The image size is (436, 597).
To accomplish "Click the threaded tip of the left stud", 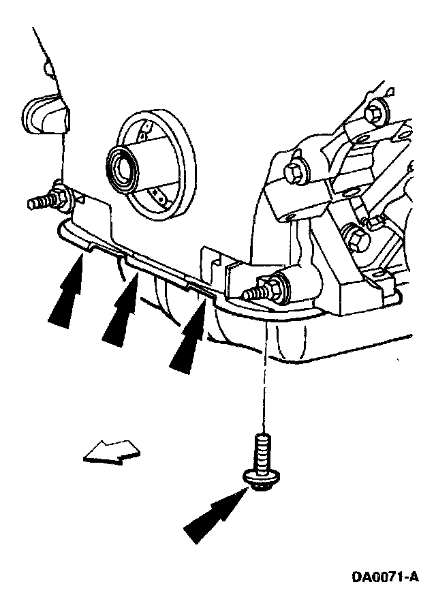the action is click(x=37, y=203).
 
